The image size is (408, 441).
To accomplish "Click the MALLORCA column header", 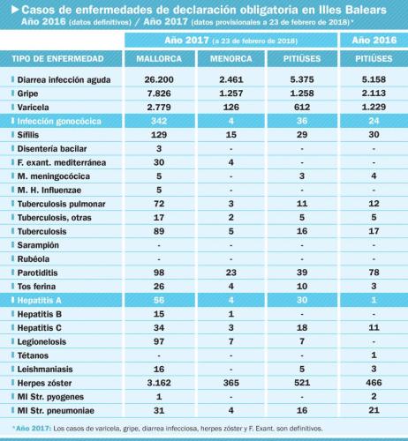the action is click(159, 59).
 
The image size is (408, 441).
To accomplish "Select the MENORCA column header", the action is click(231, 59).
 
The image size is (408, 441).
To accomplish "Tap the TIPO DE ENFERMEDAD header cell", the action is click(57, 59).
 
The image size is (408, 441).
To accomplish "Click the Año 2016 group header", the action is click(374, 40).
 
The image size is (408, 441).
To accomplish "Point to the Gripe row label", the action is click(27, 93).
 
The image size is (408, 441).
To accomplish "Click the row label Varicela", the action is click(33, 108).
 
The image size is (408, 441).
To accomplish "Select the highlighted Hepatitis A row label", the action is click(39, 300).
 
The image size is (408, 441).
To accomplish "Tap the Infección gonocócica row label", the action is click(59, 121).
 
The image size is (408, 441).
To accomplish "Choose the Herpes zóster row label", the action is click(44, 383).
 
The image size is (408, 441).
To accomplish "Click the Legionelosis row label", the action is click(42, 341).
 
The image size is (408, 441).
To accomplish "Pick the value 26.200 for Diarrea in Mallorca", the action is click(159, 79).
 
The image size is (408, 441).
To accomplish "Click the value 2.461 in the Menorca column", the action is click(231, 79).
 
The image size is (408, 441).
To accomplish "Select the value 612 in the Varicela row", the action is click(302, 107).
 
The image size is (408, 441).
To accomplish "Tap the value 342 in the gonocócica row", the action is click(159, 121).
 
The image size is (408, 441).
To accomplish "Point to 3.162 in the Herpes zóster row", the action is click(159, 383).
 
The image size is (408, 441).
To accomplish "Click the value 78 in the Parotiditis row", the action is click(374, 273).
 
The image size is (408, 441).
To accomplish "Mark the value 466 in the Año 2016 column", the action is click(374, 383).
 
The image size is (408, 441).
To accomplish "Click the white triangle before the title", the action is click(15, 10).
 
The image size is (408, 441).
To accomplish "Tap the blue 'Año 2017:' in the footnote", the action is click(34, 429).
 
